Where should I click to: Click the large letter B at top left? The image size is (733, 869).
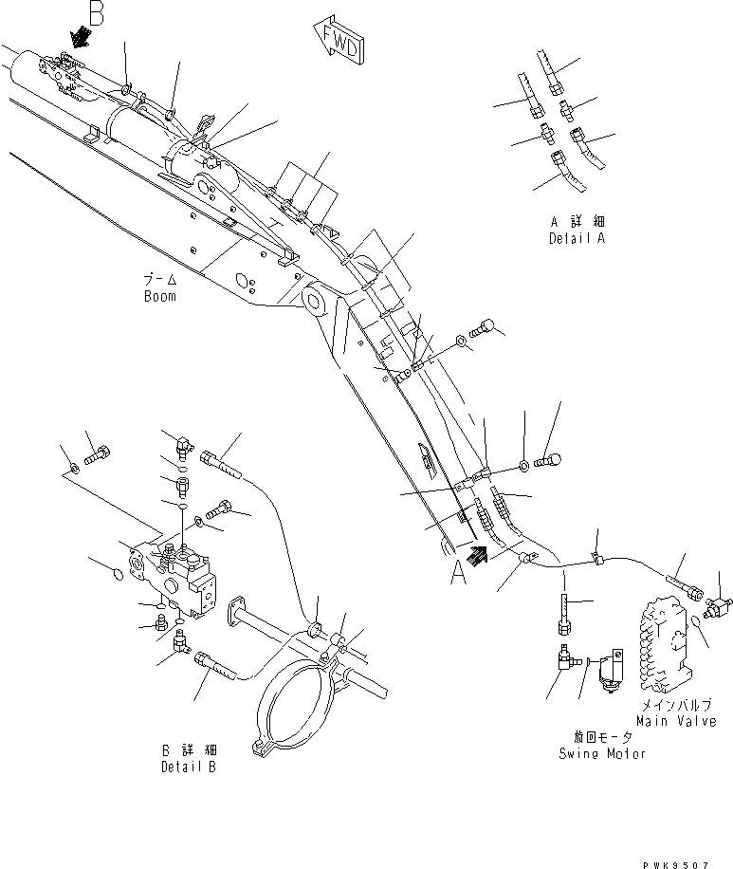pyautogui.click(x=95, y=12)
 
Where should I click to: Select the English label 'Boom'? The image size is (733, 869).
pyautogui.click(x=160, y=296)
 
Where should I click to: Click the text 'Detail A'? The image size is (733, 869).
pyautogui.click(x=576, y=238)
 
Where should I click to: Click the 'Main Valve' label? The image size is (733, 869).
pyautogui.click(x=676, y=722)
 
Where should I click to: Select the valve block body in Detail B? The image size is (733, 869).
pyautogui.click(x=180, y=576)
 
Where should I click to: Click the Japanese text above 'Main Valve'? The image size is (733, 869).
pyautogui.click(x=676, y=707)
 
